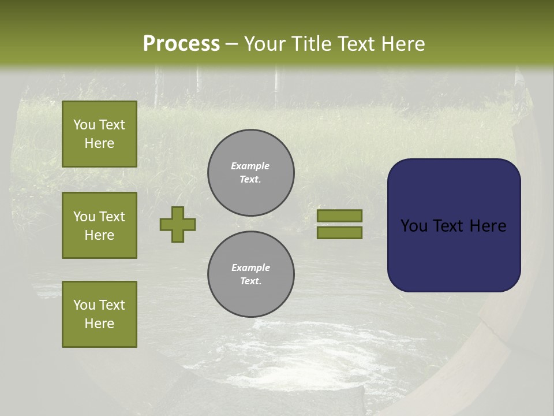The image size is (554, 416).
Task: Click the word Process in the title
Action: (x=181, y=44)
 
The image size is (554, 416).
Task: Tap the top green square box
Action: (x=99, y=134)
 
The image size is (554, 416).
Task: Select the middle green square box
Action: (x=99, y=225)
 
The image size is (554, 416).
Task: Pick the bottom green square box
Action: (x=99, y=314)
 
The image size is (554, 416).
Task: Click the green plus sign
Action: (x=178, y=224)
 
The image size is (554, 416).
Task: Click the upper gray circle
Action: (x=251, y=173)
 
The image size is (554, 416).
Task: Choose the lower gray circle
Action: (x=251, y=274)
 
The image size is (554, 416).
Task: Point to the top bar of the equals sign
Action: (x=339, y=216)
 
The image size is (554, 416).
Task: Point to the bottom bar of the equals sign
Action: (x=339, y=233)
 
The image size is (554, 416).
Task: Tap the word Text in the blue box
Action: (x=448, y=226)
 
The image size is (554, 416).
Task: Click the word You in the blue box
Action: (x=414, y=226)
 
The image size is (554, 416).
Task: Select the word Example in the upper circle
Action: (x=250, y=166)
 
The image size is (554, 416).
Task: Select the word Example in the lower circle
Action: (x=250, y=268)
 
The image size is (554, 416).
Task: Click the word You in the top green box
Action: (x=84, y=125)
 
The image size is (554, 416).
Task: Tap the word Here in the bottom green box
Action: (x=99, y=324)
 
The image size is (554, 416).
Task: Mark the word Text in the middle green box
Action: (x=112, y=217)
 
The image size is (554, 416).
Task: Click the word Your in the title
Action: (x=265, y=44)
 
